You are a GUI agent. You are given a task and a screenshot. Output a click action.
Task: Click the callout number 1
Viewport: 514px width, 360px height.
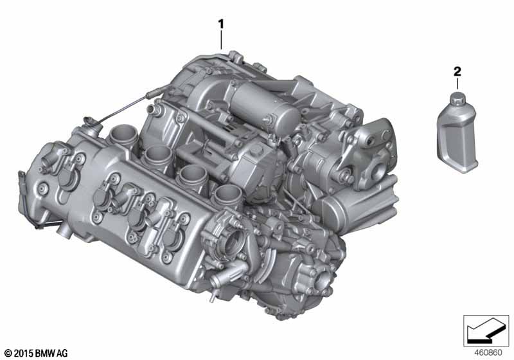(221, 24)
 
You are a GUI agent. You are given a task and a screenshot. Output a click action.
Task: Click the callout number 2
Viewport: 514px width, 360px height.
(457, 71)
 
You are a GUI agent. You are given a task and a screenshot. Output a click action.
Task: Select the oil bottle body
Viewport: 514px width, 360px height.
(457, 138)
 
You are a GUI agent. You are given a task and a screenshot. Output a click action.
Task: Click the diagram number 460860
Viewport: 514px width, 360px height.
(488, 353)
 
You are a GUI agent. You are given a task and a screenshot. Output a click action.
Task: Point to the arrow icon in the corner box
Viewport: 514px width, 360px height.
(484, 330)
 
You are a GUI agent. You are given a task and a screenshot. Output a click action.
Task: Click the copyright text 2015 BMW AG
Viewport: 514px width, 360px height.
(36, 353)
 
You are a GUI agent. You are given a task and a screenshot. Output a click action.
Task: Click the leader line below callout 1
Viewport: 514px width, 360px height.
(221, 40)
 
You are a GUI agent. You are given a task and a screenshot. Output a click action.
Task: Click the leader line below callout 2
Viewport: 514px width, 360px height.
(457, 84)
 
